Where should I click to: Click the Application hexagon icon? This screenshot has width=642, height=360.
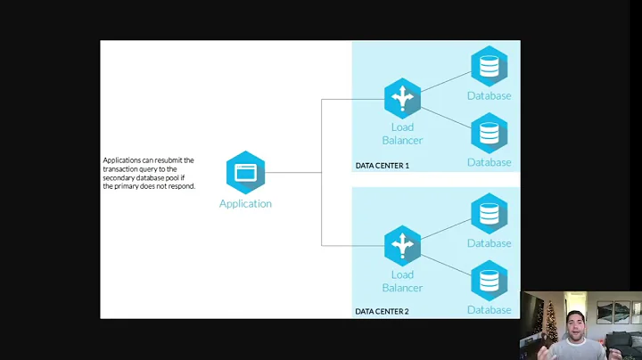(x=245, y=172)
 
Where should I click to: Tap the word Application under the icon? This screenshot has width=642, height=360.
(x=245, y=204)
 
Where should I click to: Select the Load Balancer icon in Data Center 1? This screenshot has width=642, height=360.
(x=402, y=99)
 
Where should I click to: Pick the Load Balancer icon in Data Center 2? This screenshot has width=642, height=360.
(x=402, y=245)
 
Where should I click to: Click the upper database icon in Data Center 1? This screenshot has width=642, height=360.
(x=489, y=66)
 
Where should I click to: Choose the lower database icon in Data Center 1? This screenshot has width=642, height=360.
(x=489, y=133)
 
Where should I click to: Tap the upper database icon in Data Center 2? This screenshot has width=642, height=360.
(x=489, y=214)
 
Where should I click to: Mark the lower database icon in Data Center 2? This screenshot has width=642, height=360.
(x=489, y=280)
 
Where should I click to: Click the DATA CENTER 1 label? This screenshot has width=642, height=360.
(x=382, y=166)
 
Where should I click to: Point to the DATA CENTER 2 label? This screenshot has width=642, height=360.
(x=382, y=311)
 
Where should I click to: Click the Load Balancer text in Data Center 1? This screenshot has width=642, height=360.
(x=402, y=134)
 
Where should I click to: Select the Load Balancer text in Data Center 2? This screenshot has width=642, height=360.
(x=402, y=281)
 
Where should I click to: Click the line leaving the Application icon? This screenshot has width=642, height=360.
(x=294, y=172)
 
